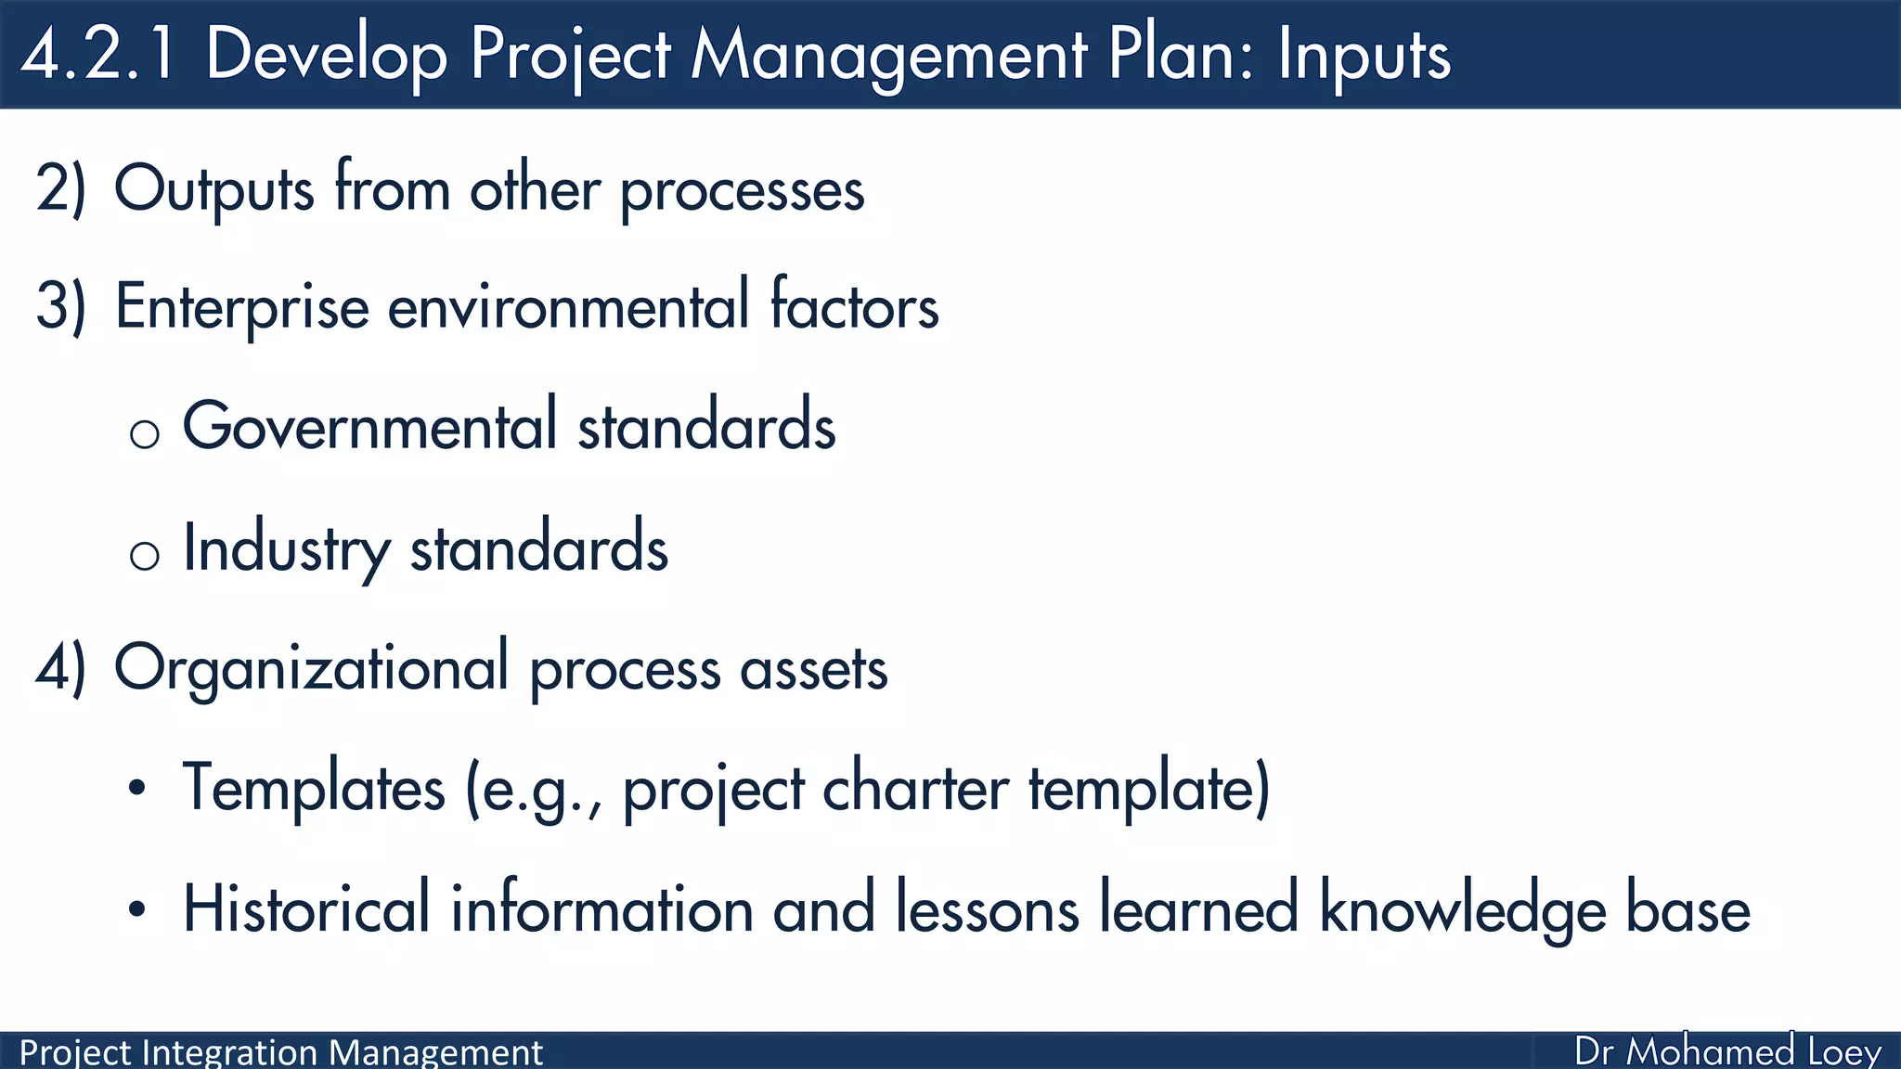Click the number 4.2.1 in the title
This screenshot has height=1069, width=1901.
pos(98,54)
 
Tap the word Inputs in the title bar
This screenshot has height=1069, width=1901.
pos(1364,56)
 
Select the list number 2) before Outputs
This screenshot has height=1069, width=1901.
pos(60,188)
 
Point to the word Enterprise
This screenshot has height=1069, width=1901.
pos(241,307)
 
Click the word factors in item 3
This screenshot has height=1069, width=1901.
pos(854,305)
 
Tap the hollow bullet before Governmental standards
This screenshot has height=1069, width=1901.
pos(145,433)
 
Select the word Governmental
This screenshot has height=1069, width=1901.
pos(369,426)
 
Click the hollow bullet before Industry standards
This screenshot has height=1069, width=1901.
pos(145,555)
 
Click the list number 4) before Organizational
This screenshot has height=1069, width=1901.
pos(60,667)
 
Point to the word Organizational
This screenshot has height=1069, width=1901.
pos(311,669)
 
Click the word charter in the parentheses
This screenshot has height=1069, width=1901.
pos(915,789)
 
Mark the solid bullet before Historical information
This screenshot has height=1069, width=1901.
pos(137,909)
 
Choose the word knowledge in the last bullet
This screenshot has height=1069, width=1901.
pos(1462,909)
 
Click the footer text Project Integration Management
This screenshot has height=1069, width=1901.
pos(280,1052)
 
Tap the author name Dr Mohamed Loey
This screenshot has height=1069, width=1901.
pos(1727,1051)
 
